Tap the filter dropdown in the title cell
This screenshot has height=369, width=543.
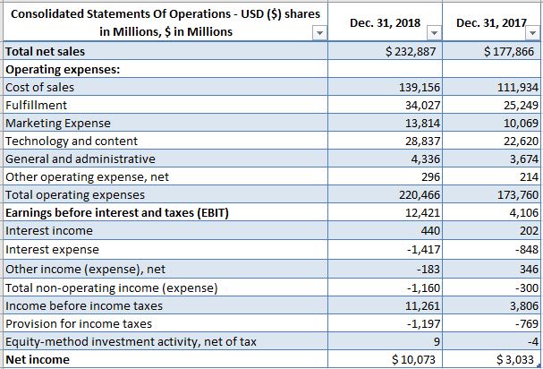tap(319, 33)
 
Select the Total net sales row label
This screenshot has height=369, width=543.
tap(46, 52)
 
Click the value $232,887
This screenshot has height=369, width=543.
tap(409, 52)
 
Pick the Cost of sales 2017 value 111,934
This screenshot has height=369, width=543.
tap(515, 87)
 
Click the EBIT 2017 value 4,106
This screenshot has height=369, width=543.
tap(521, 212)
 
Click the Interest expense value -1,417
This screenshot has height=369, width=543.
tap(421, 249)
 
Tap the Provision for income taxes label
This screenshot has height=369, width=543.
tap(79, 323)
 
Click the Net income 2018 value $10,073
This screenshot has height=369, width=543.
tap(412, 359)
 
